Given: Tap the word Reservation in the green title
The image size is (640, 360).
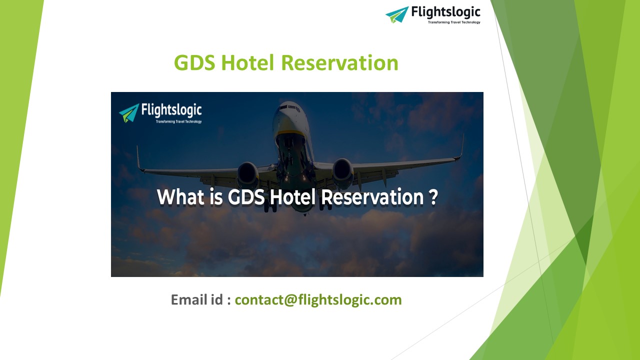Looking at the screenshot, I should [x=339, y=63].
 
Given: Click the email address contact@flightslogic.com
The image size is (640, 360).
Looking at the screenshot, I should [x=318, y=300].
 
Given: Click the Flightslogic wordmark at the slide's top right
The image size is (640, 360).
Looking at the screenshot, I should [x=445, y=12].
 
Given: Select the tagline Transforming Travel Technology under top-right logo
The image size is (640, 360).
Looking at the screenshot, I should [x=453, y=22].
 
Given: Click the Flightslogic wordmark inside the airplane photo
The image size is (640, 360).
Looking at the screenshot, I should [x=171, y=109].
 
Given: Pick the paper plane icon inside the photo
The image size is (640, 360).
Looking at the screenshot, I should [x=129, y=113].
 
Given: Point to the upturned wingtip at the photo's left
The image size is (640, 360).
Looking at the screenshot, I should [x=138, y=157].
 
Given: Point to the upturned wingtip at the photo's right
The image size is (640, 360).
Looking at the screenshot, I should [x=461, y=145].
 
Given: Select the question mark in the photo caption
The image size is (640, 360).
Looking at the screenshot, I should [x=433, y=197].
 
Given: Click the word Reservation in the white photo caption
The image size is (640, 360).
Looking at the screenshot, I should [x=372, y=197].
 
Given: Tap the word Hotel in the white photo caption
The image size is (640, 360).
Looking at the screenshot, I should [x=293, y=197].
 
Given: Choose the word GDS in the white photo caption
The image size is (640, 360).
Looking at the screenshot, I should [x=246, y=197].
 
